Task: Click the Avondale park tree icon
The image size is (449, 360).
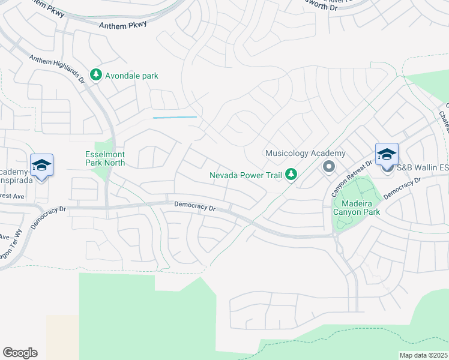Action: pyautogui.click(x=95, y=75)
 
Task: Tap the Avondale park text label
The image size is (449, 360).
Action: pyautogui.click(x=131, y=76)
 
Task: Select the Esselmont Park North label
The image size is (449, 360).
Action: pyautogui.click(x=105, y=158)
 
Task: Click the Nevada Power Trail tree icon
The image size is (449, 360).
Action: pyautogui.click(x=291, y=175)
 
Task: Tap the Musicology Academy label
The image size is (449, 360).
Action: pyautogui.click(x=306, y=154)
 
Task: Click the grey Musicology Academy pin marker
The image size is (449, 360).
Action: pyautogui.click(x=328, y=166)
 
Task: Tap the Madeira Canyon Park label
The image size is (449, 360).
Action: pyautogui.click(x=357, y=207)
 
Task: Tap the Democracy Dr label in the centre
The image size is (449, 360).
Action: pyautogui.click(x=194, y=206)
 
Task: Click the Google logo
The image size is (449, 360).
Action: pyautogui.click(x=20, y=353)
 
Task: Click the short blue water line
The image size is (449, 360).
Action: pyautogui.click(x=175, y=117)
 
